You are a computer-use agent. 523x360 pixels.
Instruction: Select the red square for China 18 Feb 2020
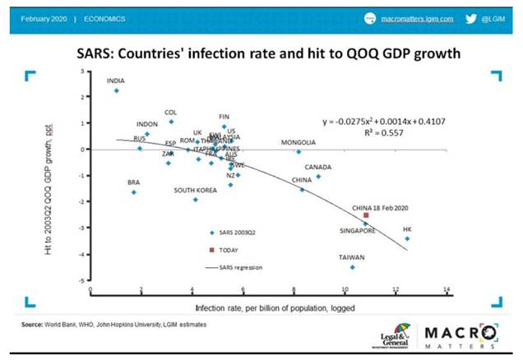pyautogui.click(x=366, y=215)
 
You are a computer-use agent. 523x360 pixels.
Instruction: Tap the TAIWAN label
pyautogui.click(x=352, y=257)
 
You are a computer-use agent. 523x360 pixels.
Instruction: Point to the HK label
pyautogui.click(x=407, y=229)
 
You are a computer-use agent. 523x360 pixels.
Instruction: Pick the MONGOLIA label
pyautogui.click(x=298, y=142)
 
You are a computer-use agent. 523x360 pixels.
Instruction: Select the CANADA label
pyautogui.click(x=318, y=167)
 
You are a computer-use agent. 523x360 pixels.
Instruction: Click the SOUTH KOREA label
pyautogui.click(x=195, y=190)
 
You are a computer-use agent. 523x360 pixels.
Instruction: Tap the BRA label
pyautogui.click(x=133, y=182)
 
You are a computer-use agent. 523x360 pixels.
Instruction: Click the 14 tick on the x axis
pyautogui.click(x=446, y=289)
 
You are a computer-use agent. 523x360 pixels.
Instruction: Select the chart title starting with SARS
pyautogui.click(x=262, y=53)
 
